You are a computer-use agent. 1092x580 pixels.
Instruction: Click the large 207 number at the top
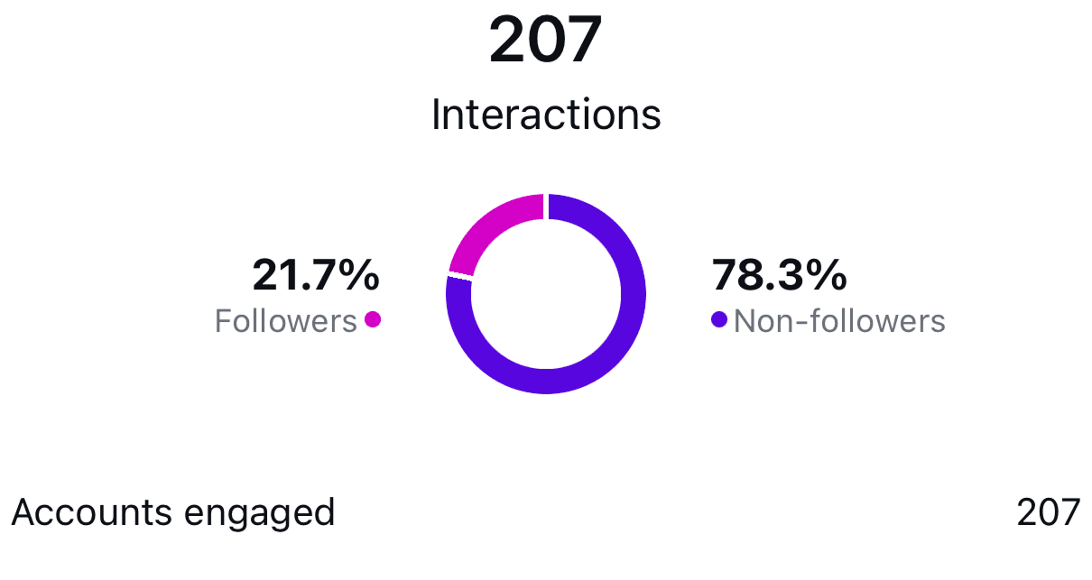tap(545, 41)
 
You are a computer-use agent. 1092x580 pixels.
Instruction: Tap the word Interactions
tap(546, 115)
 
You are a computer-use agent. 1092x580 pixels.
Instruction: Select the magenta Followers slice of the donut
tap(487, 226)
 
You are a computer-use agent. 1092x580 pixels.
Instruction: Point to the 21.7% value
tap(316, 275)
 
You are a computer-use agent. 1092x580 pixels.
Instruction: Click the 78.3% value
tap(779, 275)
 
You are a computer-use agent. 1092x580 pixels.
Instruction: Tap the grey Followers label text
tap(285, 321)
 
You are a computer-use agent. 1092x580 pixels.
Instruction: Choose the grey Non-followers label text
tap(839, 321)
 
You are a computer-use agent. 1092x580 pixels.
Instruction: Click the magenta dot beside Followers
tap(372, 318)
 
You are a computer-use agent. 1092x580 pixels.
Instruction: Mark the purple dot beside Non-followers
tap(719, 319)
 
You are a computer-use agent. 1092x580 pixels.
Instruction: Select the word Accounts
tap(92, 512)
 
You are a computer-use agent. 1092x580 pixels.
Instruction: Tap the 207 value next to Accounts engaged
tap(1048, 512)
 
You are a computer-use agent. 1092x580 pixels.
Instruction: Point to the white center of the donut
tap(545, 294)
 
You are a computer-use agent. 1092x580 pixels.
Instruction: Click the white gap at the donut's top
tap(545, 206)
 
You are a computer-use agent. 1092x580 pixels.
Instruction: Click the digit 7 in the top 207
tap(582, 41)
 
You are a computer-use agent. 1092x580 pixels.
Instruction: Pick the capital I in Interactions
tap(437, 115)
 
